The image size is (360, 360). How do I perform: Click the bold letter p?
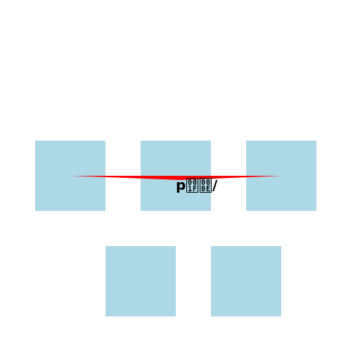[x=181, y=186]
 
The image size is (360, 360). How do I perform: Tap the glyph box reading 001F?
[x=192, y=186]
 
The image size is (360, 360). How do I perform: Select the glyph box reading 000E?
[x=205, y=186]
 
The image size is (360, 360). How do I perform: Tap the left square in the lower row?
[x=141, y=281]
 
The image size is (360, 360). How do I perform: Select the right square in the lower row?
[x=246, y=281]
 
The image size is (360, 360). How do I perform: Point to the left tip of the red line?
[x=72, y=176]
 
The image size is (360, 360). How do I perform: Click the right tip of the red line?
[x=280, y=176]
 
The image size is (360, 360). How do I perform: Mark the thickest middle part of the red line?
[x=176, y=178]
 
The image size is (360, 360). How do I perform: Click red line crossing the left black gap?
[x=123, y=177]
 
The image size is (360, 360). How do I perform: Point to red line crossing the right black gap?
[x=229, y=177]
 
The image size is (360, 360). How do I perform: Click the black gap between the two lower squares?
[x=193, y=281]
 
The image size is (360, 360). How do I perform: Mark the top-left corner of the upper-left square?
[x=36, y=141]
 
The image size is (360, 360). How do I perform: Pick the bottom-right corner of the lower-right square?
[x=281, y=316]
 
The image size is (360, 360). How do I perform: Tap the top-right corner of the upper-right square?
[x=316, y=141]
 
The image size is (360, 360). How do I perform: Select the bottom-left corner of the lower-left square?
[x=106, y=316]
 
